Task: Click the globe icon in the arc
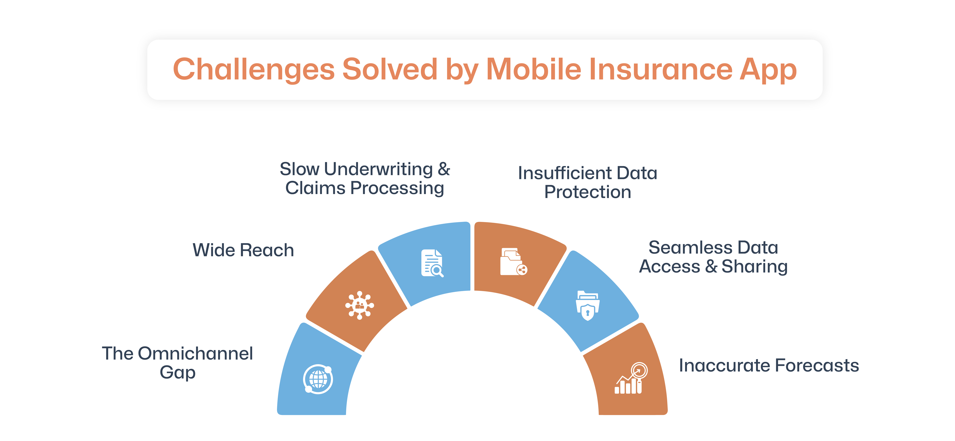[x=318, y=379]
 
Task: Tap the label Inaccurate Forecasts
[x=769, y=366]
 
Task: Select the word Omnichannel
[x=195, y=353]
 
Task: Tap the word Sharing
[x=754, y=267]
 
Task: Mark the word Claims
[x=315, y=188]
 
